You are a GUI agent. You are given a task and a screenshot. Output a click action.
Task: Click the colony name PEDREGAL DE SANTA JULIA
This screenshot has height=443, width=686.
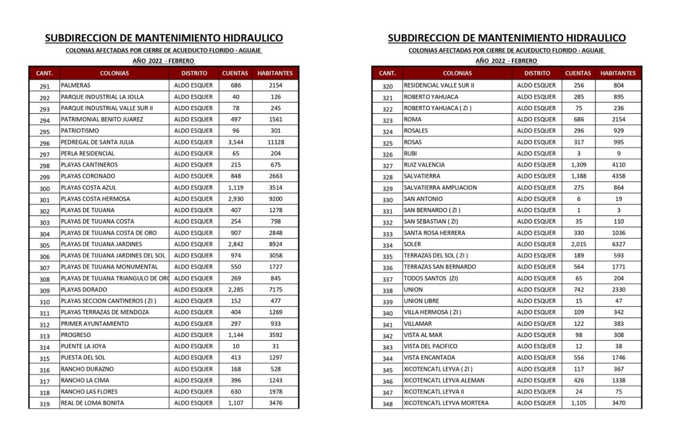[98, 142]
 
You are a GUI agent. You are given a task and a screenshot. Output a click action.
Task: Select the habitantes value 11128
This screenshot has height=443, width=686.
[275, 142]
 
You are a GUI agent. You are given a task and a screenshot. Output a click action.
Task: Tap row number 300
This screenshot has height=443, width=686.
[44, 188]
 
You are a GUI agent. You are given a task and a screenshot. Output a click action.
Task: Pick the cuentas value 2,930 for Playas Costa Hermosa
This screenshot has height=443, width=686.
[236, 199]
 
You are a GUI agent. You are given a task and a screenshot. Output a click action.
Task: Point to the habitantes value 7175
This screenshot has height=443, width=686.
[275, 289]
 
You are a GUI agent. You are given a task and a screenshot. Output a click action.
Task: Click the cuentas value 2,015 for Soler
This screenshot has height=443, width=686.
[579, 245]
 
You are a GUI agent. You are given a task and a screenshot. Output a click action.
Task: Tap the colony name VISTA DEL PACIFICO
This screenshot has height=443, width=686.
[431, 346]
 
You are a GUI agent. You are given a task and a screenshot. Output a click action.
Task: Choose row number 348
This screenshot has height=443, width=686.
[387, 404]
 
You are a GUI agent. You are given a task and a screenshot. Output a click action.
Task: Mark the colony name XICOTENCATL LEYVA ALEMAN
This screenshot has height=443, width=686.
[444, 380]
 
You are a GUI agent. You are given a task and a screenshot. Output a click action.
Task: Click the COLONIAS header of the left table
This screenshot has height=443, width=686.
[114, 73]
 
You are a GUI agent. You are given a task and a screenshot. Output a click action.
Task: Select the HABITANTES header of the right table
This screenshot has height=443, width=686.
[618, 73]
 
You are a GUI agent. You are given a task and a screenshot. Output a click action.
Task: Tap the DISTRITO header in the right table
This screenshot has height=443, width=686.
[537, 73]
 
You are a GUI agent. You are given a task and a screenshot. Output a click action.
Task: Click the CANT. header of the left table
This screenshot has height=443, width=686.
[44, 73]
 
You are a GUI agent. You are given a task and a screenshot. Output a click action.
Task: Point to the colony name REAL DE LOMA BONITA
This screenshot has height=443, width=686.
[92, 403]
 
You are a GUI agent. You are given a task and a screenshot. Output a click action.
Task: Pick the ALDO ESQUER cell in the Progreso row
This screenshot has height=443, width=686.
[193, 335]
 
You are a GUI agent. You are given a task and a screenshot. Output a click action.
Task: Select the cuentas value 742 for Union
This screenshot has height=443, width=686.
[579, 289]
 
